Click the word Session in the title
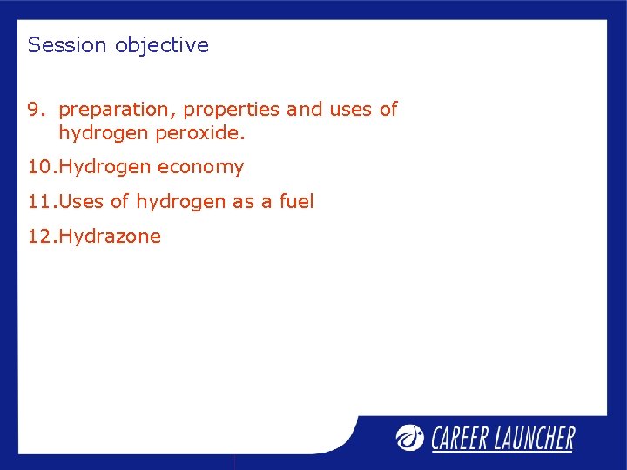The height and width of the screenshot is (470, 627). [67, 45]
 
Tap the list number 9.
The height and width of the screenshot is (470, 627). [34, 110]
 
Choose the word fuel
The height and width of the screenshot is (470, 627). [296, 202]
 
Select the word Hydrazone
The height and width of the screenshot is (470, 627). [111, 237]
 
